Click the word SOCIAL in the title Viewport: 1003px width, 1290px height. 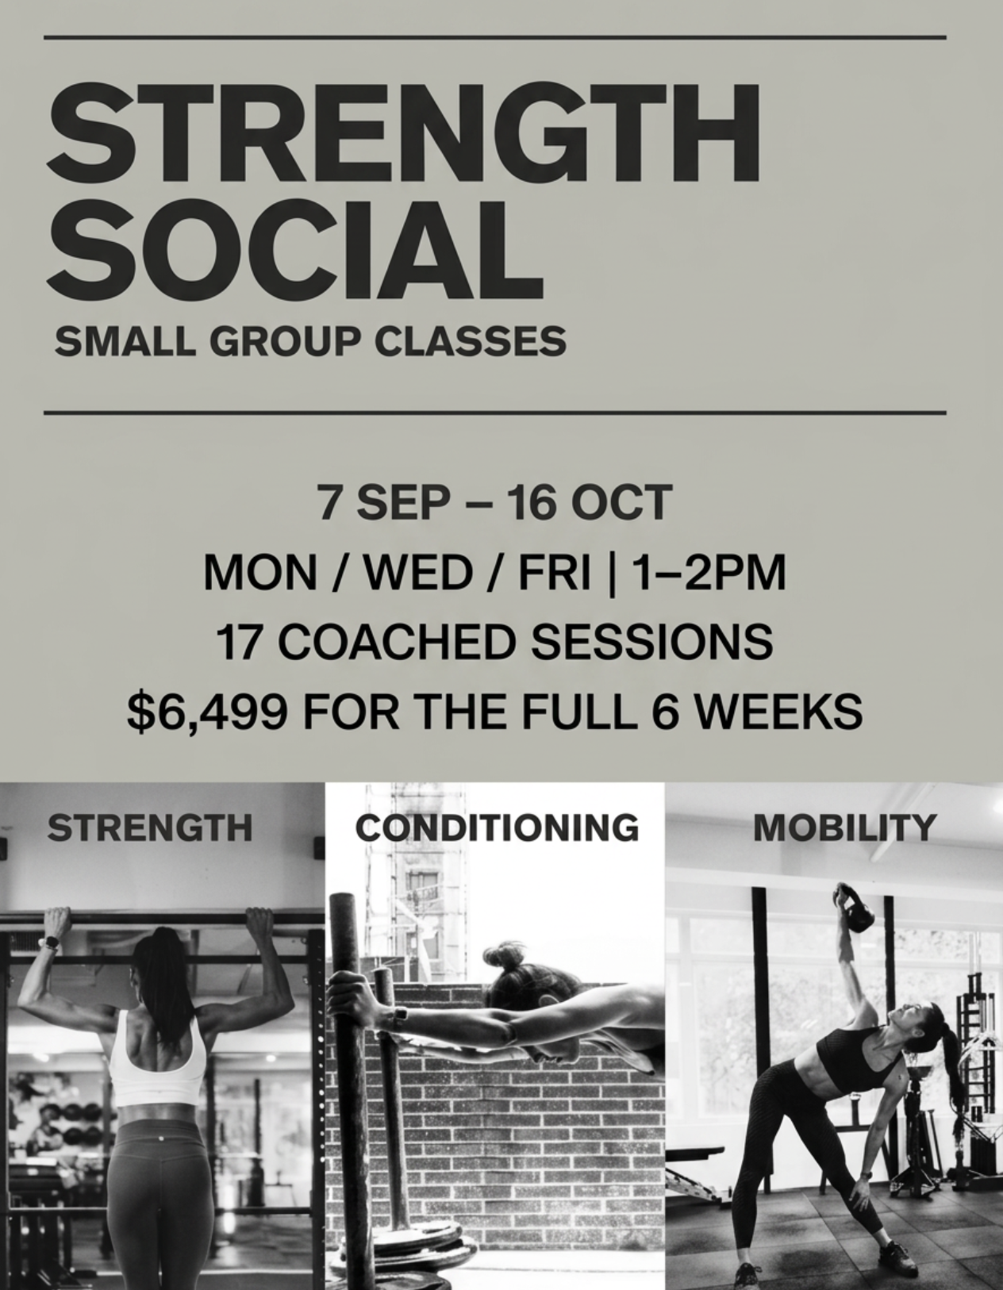[295, 251]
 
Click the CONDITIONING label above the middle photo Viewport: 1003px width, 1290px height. [497, 827]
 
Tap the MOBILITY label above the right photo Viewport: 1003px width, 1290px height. [844, 827]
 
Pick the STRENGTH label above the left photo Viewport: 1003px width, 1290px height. [150, 827]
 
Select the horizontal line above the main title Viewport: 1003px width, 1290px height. [495, 37]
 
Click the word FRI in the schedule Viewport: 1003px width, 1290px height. [555, 573]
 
